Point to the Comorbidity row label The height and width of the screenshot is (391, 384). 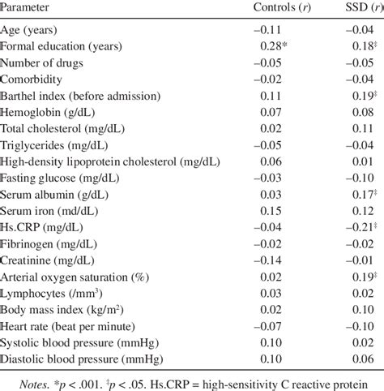click(34, 79)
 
